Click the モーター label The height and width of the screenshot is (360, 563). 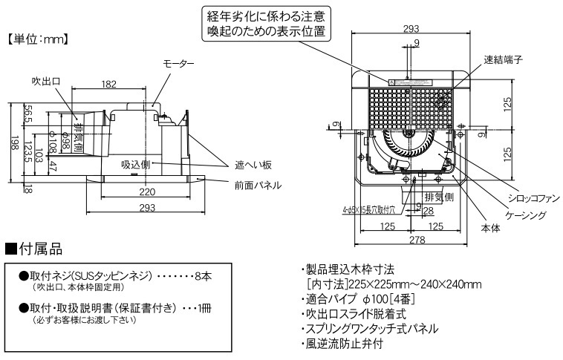179,65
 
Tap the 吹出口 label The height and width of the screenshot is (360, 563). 45,79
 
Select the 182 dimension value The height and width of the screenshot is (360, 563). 108,85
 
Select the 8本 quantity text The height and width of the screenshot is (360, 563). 202,275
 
